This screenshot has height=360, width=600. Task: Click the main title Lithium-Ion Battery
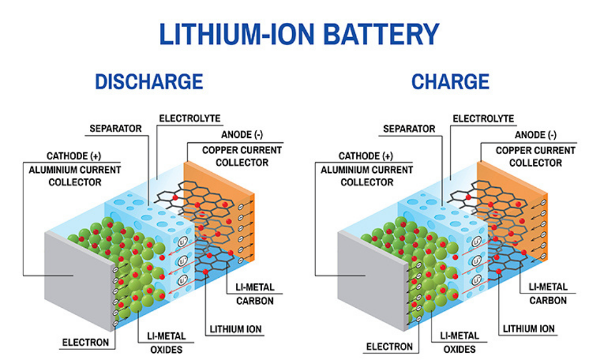299,34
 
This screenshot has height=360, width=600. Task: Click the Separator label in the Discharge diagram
116,128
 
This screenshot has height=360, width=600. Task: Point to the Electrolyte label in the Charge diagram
483,119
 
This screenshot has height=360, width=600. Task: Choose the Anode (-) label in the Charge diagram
536,136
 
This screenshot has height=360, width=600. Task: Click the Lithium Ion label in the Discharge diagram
235,329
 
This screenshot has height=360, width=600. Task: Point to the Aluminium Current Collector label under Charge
367,176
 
